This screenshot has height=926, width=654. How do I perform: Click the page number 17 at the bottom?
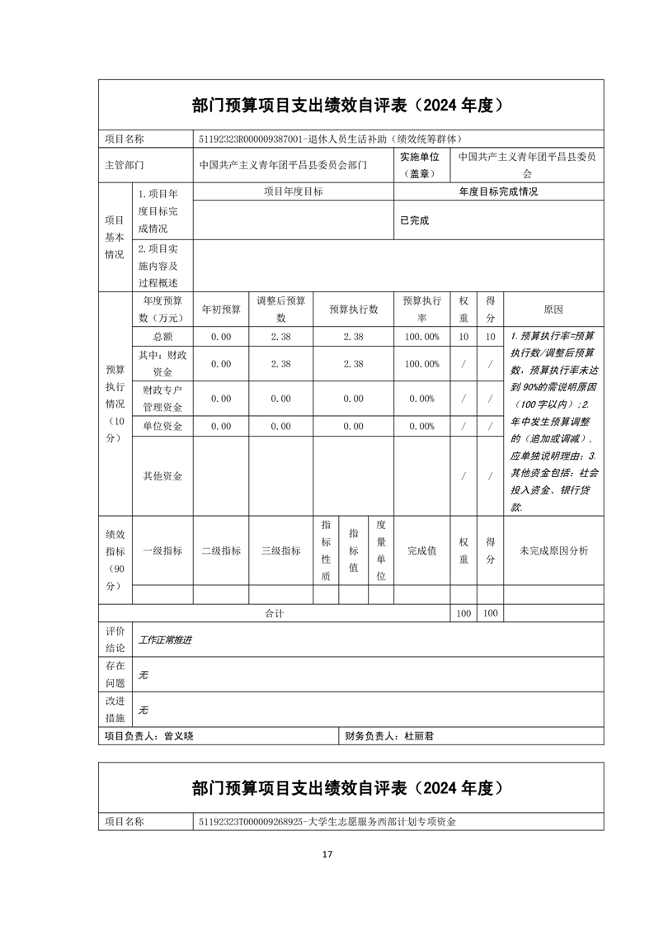coord(327,853)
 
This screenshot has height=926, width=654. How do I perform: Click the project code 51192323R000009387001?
coord(251,139)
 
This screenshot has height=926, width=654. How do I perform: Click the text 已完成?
coord(414,220)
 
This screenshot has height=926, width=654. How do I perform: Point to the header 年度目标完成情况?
coord(498,191)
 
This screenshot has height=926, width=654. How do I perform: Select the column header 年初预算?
coord(221,309)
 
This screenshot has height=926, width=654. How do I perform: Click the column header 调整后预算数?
coord(281,309)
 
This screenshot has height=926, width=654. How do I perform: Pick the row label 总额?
coord(162,337)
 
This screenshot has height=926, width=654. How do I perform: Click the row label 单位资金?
coord(162,426)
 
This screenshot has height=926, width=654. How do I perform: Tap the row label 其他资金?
coord(162,475)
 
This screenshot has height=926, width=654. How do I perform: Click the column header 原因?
coord(553,309)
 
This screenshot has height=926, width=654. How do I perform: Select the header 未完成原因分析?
coord(553,550)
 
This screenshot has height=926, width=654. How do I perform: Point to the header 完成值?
coord(421,550)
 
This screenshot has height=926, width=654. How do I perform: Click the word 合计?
coord(275,613)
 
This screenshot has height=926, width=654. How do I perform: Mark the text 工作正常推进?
coord(165,640)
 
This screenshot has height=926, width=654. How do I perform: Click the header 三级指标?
coord(281,550)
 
